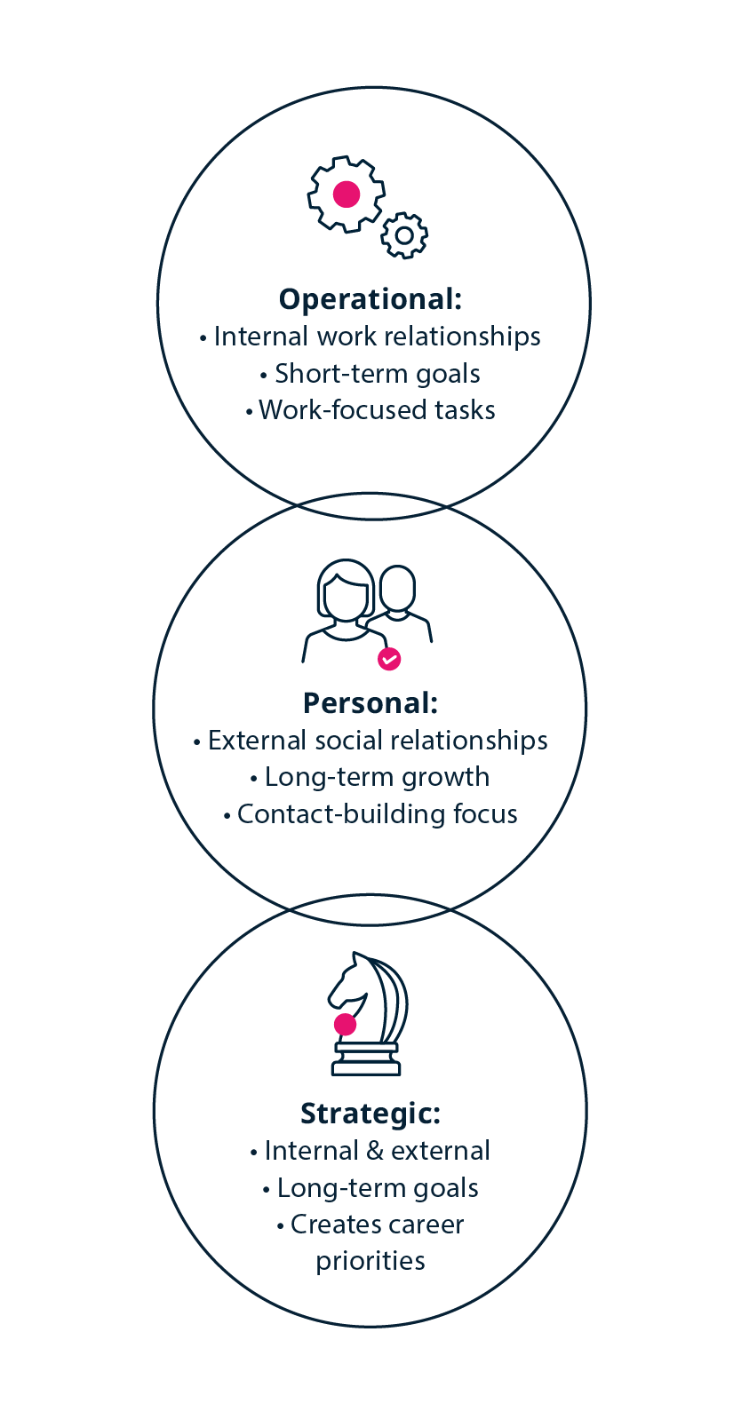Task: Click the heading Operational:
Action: [x=370, y=299]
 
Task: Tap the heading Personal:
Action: [x=370, y=703]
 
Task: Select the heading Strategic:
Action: [x=370, y=1113]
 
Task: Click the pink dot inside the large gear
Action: [x=346, y=194]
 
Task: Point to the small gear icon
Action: [x=404, y=235]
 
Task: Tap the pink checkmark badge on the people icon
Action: [x=389, y=659]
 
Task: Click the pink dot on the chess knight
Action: [x=345, y=1025]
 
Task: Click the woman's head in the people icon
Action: [x=346, y=590]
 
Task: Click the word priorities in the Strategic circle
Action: [x=370, y=1261]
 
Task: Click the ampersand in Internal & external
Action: [x=375, y=1151]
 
